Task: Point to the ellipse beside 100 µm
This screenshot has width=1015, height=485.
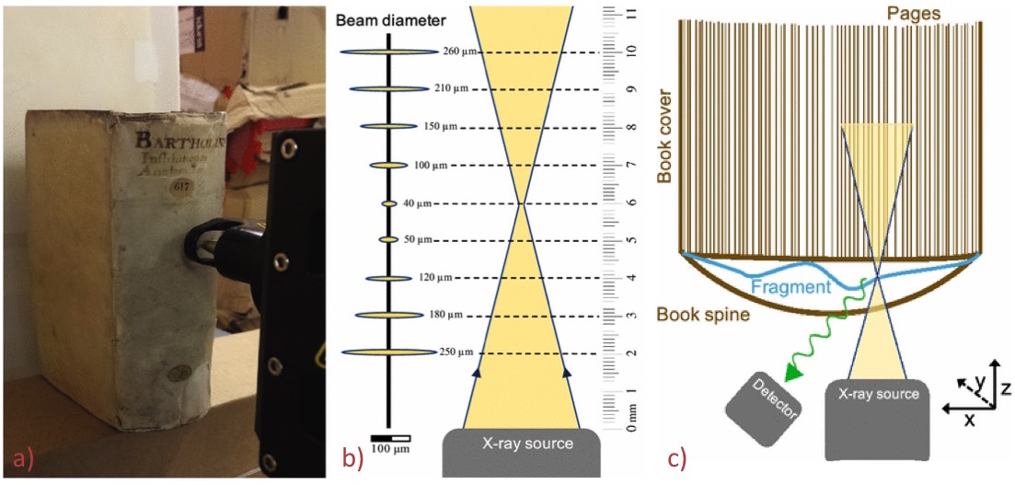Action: point(387,166)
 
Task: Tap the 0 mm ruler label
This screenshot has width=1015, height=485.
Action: point(631,427)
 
